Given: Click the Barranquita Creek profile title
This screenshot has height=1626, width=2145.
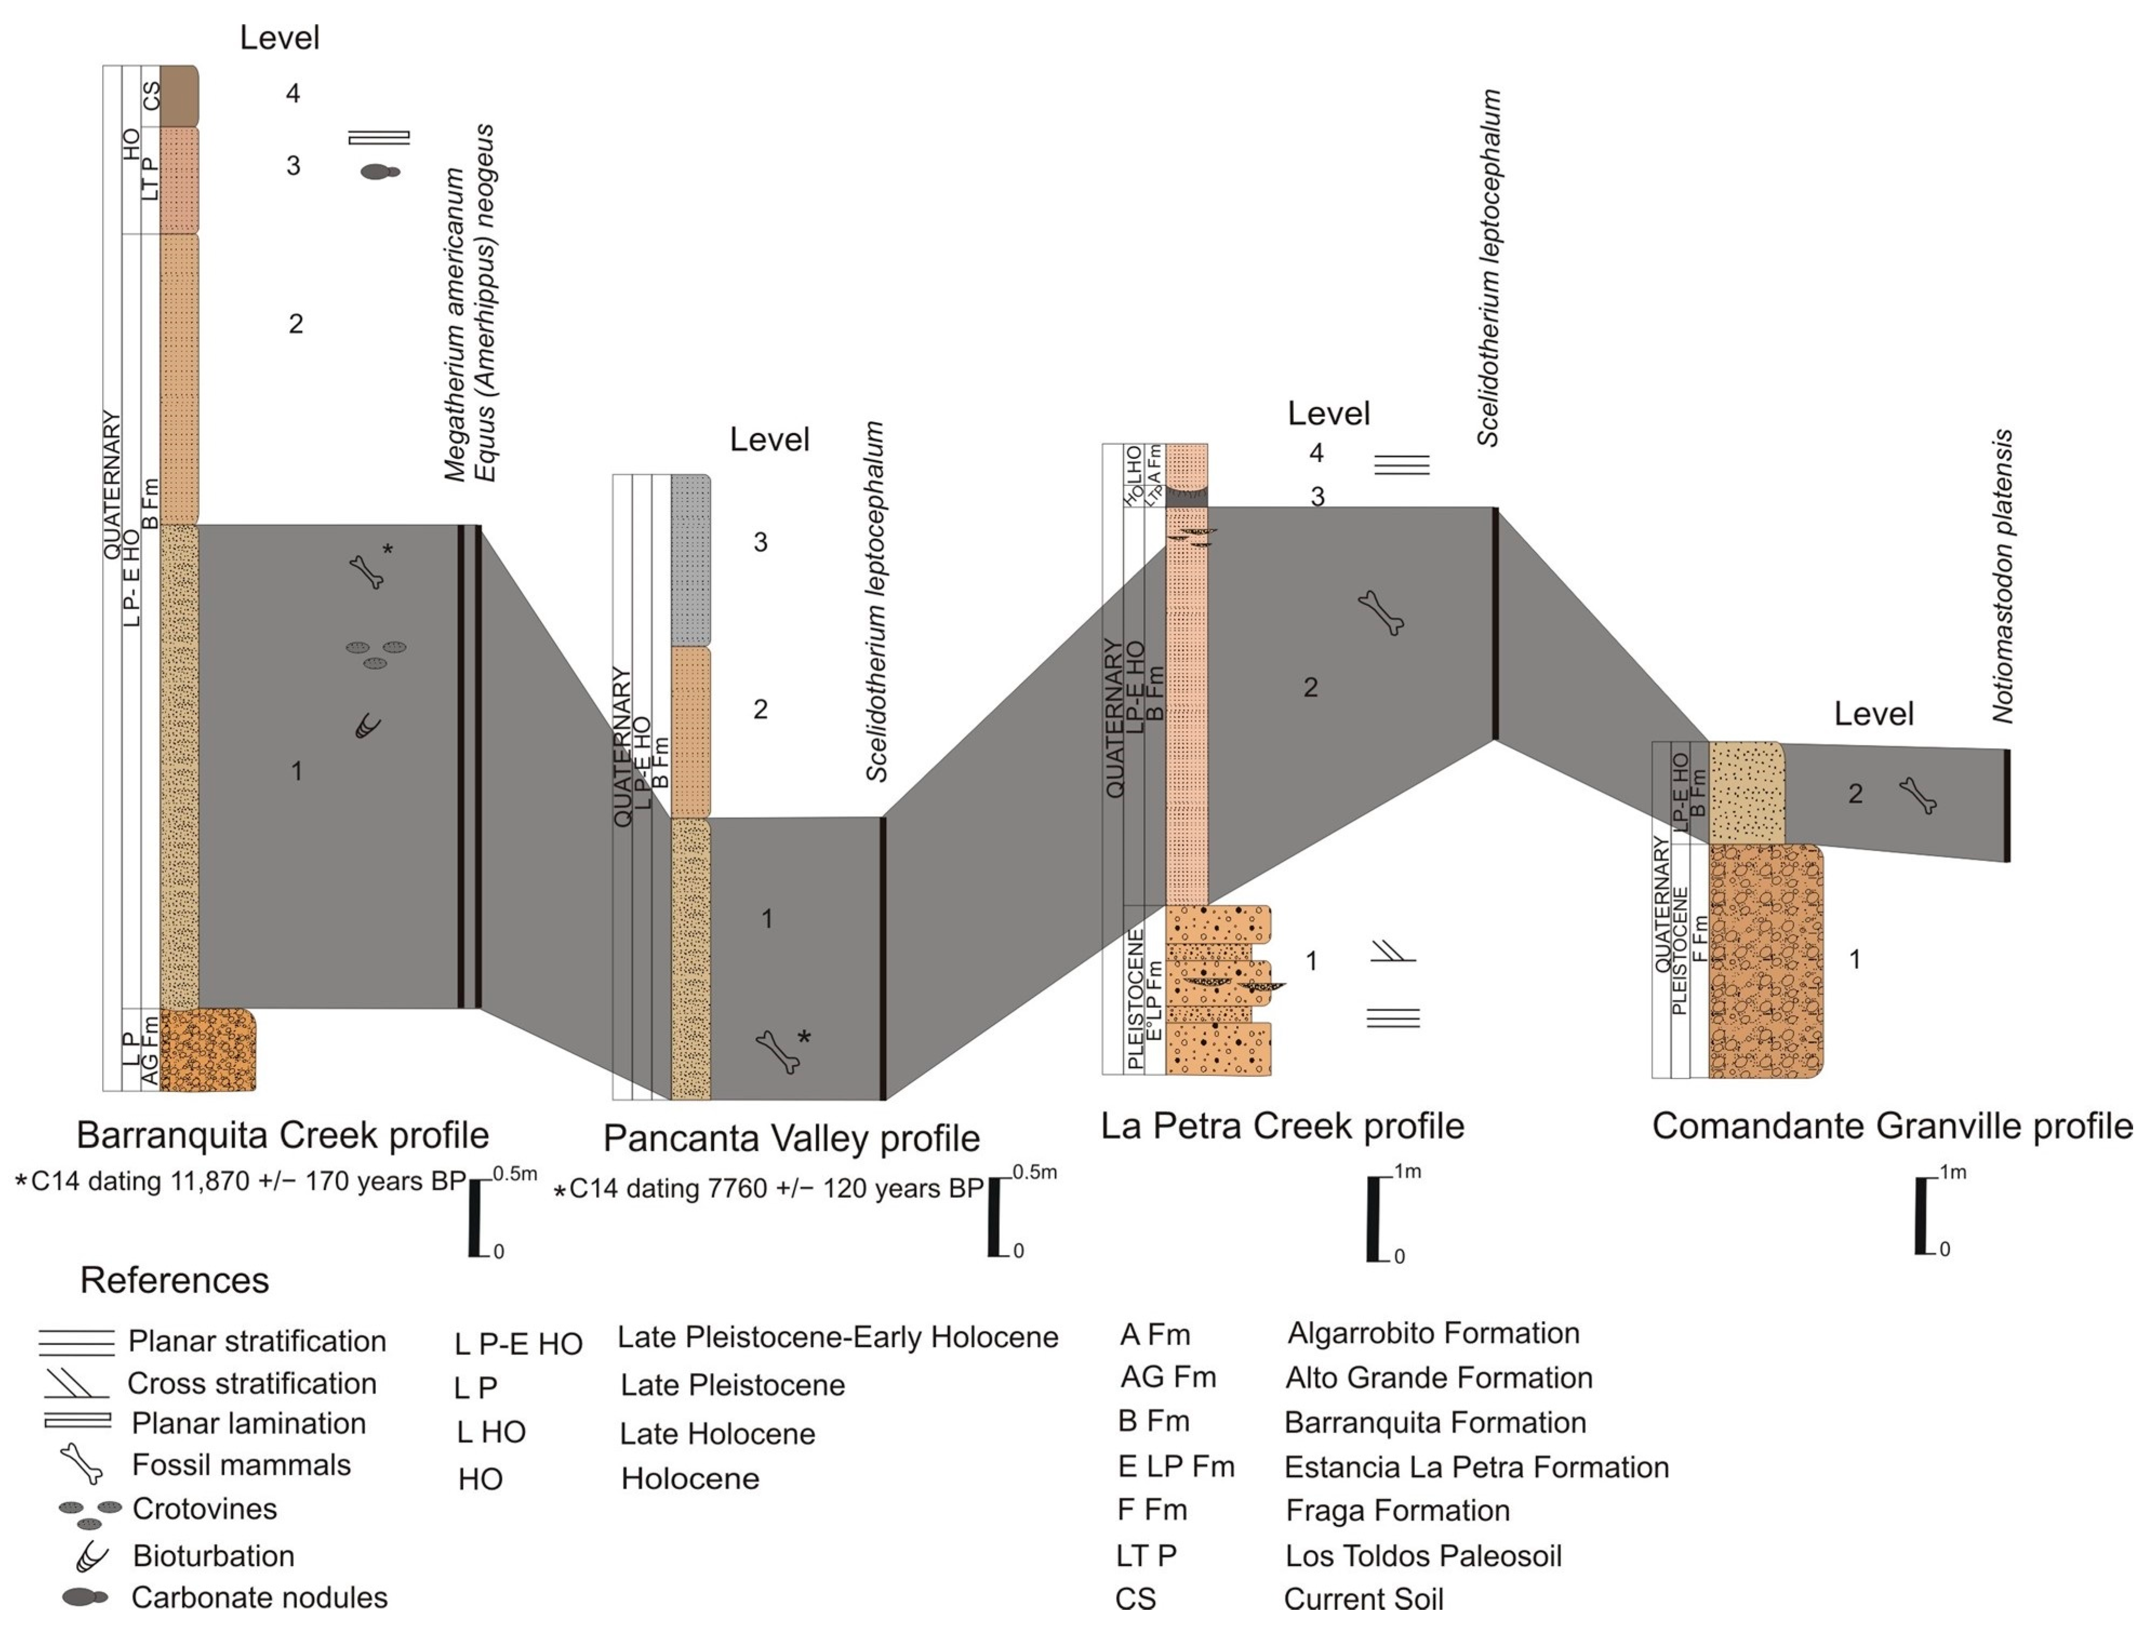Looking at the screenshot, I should pos(282,1135).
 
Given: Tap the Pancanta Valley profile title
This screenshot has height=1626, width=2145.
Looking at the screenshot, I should pos(791,1137).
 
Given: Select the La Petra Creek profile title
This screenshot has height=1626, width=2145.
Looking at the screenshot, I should pos(1282,1125).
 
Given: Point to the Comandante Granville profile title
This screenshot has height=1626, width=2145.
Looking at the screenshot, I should pos(1892,1125).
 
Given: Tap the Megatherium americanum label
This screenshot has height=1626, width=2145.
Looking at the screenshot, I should pos(455,325).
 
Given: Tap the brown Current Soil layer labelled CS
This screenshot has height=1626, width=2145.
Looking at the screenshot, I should pos(179,96).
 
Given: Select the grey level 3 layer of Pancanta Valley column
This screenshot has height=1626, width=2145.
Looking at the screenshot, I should pos(690,561).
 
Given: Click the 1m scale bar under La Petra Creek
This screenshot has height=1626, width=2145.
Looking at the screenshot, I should pos(1372,1218).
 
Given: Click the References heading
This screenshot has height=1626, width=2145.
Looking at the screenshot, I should pos(175,1280).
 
